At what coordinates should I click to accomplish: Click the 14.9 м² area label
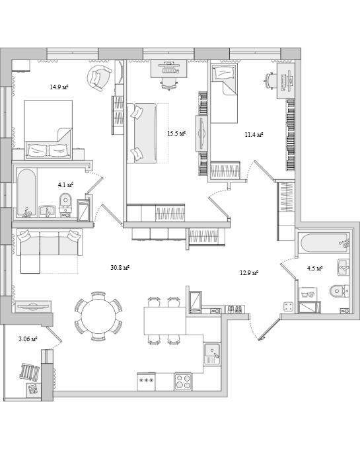(59, 87)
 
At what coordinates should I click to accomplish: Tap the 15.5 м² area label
(176, 133)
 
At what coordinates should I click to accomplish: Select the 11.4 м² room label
(254, 134)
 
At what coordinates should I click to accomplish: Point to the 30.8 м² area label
(120, 268)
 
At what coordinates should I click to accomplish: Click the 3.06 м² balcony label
(28, 339)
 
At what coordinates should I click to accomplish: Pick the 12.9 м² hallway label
(249, 273)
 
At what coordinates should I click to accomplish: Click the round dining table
(98, 316)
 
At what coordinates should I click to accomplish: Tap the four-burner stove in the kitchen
(183, 382)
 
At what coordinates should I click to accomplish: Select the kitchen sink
(212, 354)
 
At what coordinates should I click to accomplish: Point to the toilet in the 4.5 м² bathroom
(339, 292)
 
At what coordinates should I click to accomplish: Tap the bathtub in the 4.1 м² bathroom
(26, 192)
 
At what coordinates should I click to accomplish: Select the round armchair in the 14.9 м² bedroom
(98, 77)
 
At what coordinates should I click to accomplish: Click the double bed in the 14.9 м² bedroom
(48, 130)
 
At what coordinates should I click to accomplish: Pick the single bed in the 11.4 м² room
(224, 93)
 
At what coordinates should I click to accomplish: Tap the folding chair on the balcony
(29, 372)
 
